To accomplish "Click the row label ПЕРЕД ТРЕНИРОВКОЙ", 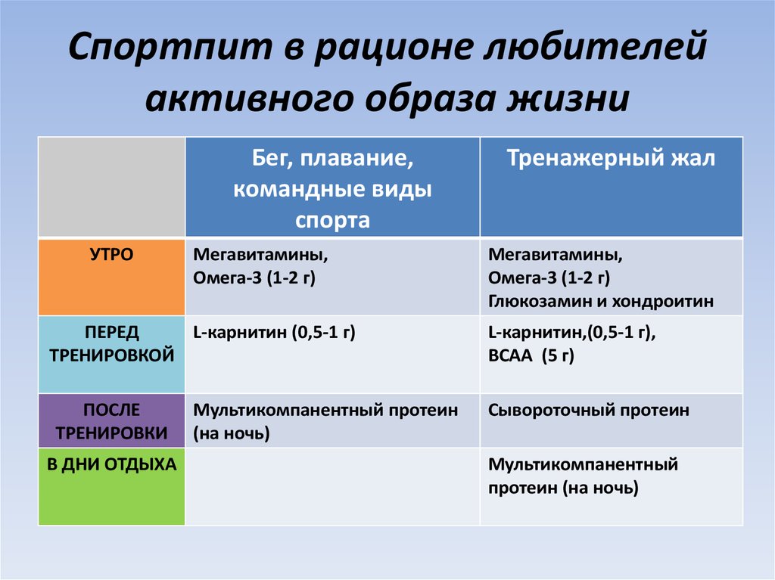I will pos(112,343).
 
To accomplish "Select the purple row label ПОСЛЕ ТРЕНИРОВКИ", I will pos(112,421).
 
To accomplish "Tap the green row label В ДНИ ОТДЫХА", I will pos(112,464).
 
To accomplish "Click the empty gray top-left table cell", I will pos(112,187).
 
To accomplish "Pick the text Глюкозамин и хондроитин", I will pos(601,301).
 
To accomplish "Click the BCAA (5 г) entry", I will pos(531,356).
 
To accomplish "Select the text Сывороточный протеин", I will pos(589,411).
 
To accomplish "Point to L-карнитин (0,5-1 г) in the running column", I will pos(274,332).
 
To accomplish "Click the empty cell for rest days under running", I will pos(332,486).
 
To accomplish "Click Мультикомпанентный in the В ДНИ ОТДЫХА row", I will pos(583,464).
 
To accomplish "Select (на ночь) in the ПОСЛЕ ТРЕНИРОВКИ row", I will pos(232,434).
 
